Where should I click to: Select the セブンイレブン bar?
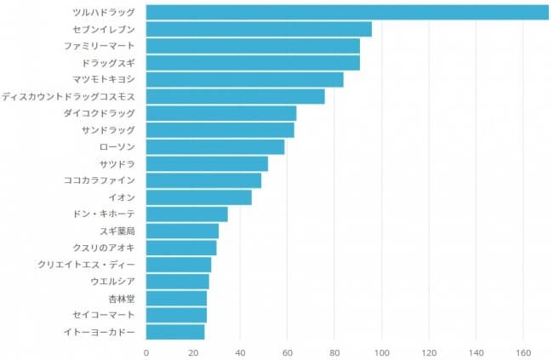259,29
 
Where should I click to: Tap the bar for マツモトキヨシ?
244,79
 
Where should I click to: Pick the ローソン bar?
215,146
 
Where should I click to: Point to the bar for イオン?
198,197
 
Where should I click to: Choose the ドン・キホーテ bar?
186,214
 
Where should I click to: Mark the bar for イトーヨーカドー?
175,331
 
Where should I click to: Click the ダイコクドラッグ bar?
221,113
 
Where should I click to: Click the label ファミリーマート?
99,46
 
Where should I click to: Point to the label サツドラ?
117,163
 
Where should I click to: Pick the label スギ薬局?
117,231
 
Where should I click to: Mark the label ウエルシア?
112,281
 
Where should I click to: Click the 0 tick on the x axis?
146,351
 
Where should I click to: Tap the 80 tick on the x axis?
334,351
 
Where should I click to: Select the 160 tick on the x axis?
523,351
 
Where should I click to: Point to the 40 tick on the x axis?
240,351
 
